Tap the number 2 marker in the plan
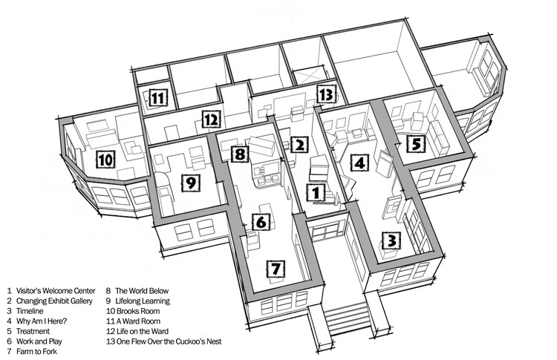click(x=299, y=145)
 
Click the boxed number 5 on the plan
click(x=416, y=143)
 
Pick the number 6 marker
click(x=261, y=220)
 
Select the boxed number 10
click(x=105, y=159)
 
